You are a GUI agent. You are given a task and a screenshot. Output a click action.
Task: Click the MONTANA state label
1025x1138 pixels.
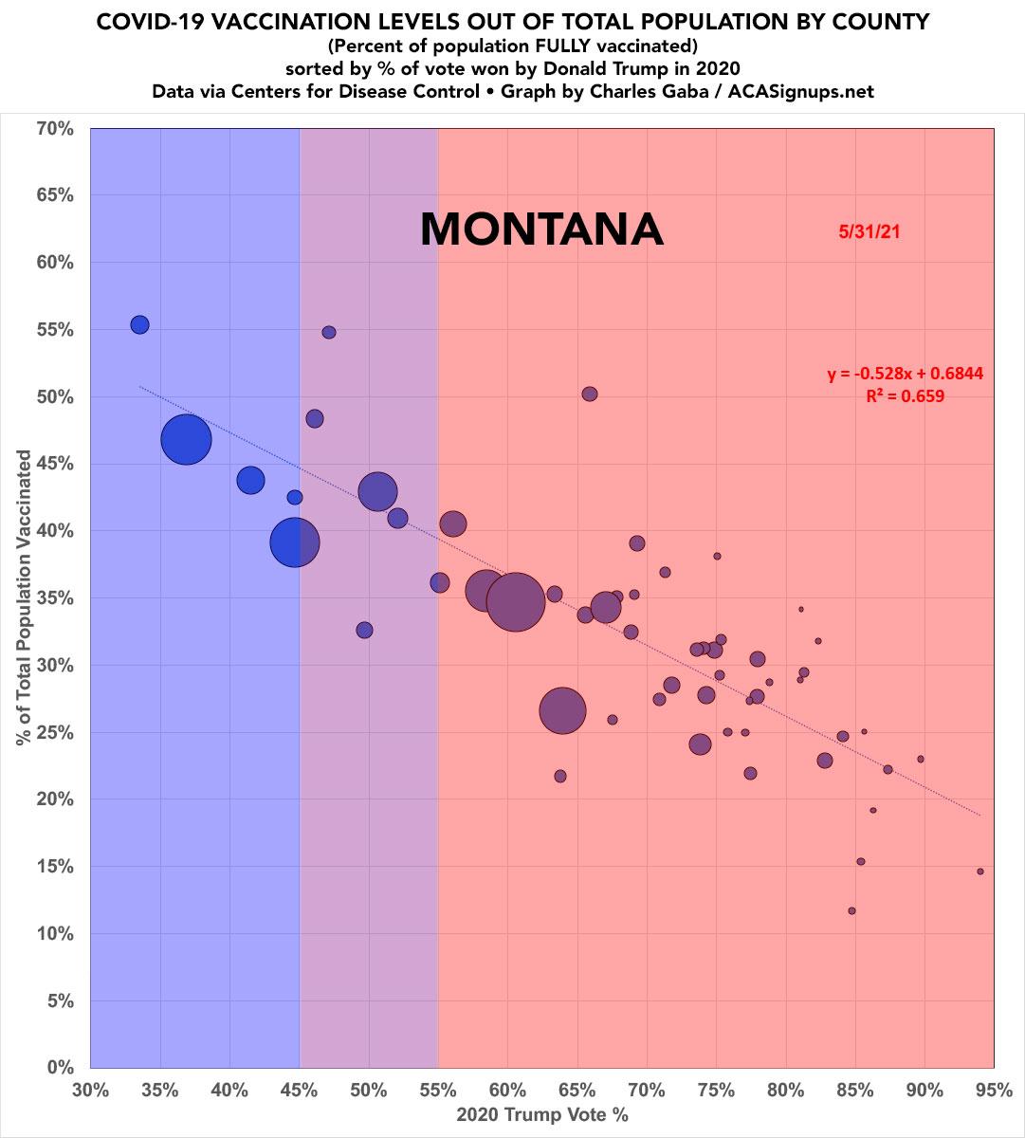tap(540, 229)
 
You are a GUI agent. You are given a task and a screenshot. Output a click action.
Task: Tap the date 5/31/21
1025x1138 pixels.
tap(868, 230)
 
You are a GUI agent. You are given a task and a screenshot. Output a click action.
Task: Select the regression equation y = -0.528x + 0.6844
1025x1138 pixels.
tap(905, 375)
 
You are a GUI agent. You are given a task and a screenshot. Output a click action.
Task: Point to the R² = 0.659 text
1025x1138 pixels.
tap(905, 397)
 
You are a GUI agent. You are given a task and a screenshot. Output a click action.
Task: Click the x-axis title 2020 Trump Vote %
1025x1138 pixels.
tap(541, 1115)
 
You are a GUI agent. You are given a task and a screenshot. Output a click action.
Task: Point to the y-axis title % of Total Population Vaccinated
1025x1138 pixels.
tap(23, 597)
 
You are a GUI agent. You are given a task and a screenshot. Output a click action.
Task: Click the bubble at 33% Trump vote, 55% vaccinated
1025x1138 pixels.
tap(139, 324)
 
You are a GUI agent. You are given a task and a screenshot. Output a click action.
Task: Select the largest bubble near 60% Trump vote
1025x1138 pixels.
tap(515, 601)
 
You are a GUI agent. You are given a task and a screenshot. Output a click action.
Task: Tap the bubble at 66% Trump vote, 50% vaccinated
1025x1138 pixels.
tap(590, 394)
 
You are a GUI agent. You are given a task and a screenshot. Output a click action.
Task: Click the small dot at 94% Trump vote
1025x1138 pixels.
tap(980, 872)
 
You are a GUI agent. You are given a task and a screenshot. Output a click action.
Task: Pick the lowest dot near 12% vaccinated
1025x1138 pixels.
tap(851, 910)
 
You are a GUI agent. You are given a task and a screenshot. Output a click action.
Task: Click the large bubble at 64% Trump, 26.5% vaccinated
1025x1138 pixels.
tap(563, 710)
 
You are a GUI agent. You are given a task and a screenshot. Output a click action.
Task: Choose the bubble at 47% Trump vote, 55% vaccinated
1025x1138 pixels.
tap(329, 332)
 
